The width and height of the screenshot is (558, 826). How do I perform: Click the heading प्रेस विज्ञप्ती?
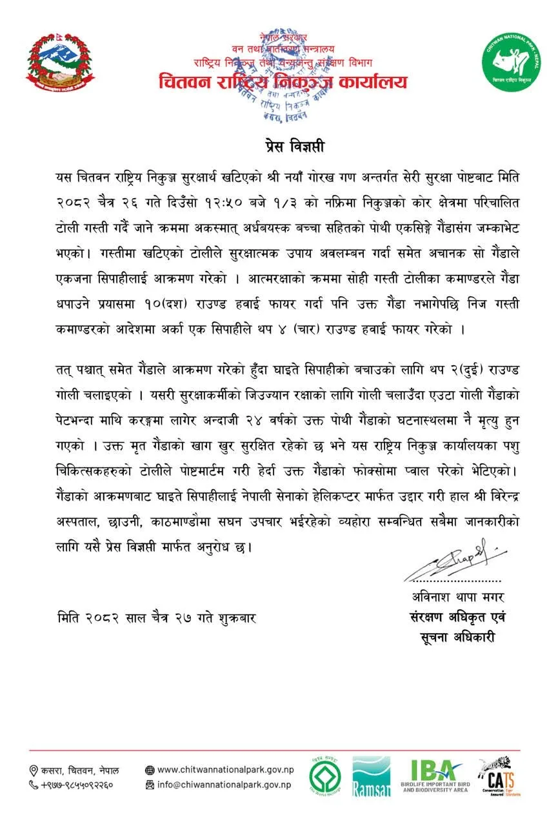279,146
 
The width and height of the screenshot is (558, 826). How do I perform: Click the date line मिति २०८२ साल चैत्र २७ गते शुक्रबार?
156,618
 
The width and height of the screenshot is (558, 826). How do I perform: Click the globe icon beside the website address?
150,770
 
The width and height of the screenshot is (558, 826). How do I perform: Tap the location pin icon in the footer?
34,771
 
